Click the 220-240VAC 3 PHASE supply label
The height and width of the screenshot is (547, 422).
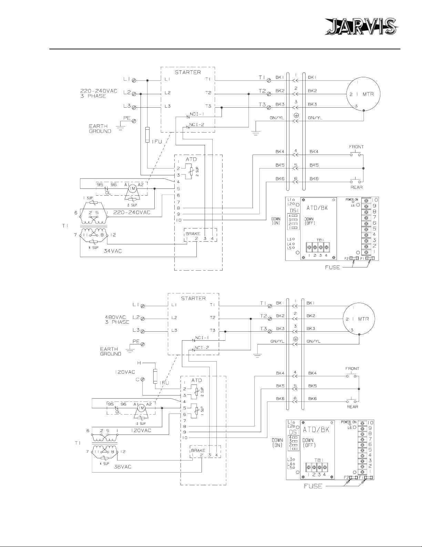click(99, 94)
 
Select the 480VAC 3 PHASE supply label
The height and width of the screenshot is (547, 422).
click(117, 320)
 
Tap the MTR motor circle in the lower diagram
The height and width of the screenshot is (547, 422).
click(359, 319)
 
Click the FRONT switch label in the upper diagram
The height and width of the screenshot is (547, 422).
click(356, 147)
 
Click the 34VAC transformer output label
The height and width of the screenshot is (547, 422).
click(113, 251)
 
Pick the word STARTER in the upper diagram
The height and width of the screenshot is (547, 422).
click(188, 72)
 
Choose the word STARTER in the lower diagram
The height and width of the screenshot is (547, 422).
click(193, 298)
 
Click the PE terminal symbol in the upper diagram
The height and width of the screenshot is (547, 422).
click(134, 121)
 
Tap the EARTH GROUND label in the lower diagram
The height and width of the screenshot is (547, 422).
click(111, 351)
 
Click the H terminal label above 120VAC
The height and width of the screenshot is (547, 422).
click(139, 363)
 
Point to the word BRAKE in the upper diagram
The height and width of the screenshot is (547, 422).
click(193, 234)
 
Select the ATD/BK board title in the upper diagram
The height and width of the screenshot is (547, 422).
click(317, 208)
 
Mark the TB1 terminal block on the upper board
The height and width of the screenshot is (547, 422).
click(318, 247)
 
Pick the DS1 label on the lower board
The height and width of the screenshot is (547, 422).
click(293, 432)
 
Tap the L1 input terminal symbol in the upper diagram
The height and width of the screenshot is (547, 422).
click(134, 80)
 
